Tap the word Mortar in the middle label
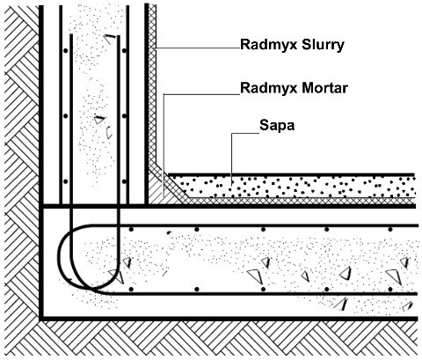pyautogui.click(x=325, y=88)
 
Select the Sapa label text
pyautogui.click(x=277, y=126)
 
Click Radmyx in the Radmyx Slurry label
pyautogui.click(x=269, y=46)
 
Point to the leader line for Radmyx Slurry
pyautogui.click(x=198, y=48)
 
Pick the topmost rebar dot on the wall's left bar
pyautogui.click(x=66, y=51)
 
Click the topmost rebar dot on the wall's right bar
pyautogui.click(x=124, y=51)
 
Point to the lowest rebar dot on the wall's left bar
pyautogui.click(x=66, y=181)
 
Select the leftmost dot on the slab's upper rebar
pyautogui.click(x=131, y=229)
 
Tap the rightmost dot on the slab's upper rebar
pyautogui.click(x=390, y=230)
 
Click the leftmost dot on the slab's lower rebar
pyautogui.click(x=131, y=290)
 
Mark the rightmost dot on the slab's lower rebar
pyautogui.click(x=390, y=290)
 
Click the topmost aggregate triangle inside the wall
pyautogui.click(x=111, y=39)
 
